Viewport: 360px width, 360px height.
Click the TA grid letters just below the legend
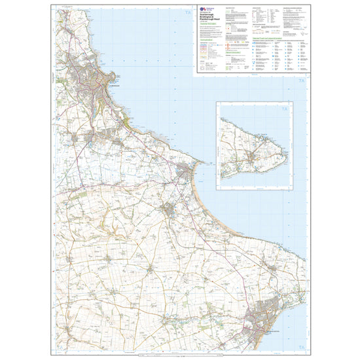click(x=301, y=81)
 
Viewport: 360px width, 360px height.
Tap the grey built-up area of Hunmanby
click(x=169, y=209)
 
